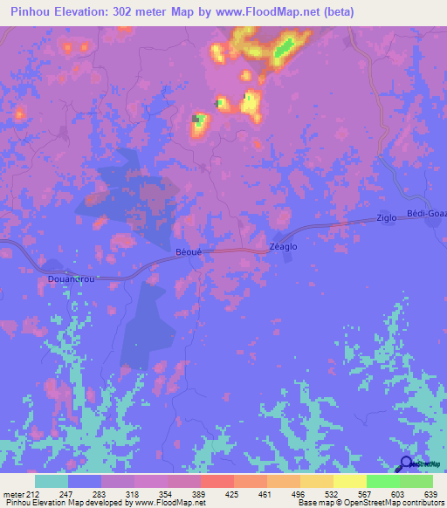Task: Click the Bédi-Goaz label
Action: (x=427, y=214)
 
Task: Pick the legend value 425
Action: (x=232, y=495)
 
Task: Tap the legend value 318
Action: (x=133, y=495)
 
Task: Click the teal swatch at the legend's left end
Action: (x=52, y=481)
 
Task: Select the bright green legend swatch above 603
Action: (x=382, y=481)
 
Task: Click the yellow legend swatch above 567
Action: (x=349, y=481)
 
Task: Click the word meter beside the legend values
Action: (x=13, y=495)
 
